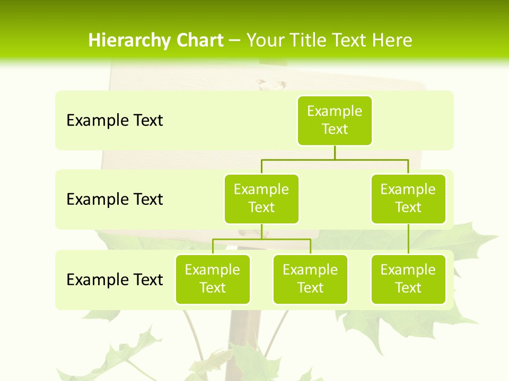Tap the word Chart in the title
pos(199,41)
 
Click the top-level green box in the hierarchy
pos(335,120)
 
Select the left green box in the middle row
pos(261,198)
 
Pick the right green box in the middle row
pos(408,198)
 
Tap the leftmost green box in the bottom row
pos(213,279)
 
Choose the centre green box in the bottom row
pos(310,279)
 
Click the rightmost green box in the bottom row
pos(408,279)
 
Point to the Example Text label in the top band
pos(115,121)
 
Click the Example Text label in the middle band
pos(115,199)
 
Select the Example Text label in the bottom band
pos(115,279)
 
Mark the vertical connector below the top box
pos(335,152)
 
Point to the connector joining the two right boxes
pos(408,239)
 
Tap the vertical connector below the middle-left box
pos(261,231)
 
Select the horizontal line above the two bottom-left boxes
pos(261,239)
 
